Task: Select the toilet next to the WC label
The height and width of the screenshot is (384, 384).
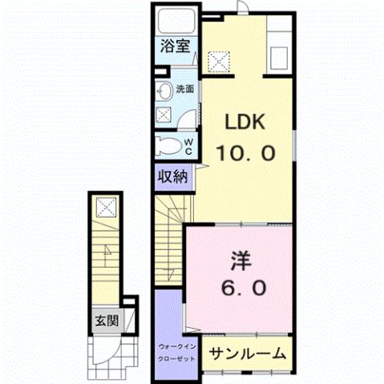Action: tap(169, 147)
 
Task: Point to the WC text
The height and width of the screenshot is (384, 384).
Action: tap(189, 145)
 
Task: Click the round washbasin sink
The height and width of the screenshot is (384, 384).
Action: tap(163, 90)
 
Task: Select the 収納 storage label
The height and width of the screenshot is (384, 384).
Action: tap(172, 176)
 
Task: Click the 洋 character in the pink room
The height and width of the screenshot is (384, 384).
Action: tap(240, 260)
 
